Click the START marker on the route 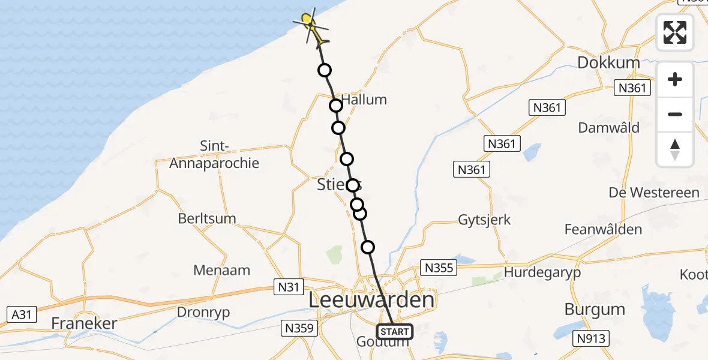coord(395,331)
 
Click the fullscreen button coord(675,32)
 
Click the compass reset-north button coord(675,149)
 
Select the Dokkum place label coord(608,62)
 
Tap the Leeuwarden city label coord(371,300)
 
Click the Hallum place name coord(364,100)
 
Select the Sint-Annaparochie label coord(214,155)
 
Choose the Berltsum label coord(207,218)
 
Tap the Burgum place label coord(595,310)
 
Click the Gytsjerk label coord(484,220)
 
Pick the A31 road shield coord(22,314)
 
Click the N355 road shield coord(439,268)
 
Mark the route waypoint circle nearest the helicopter coord(325,70)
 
